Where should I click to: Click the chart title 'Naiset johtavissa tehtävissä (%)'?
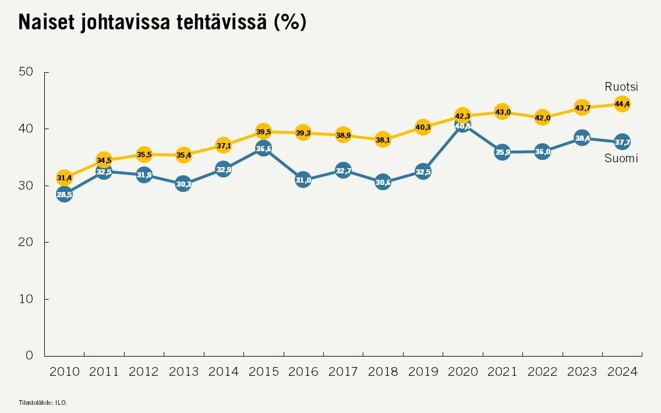point(162,22)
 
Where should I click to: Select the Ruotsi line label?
point(621,87)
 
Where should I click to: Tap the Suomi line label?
point(621,158)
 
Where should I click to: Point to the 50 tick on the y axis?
point(27,72)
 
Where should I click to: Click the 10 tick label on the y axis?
point(27,299)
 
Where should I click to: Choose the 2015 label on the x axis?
point(264,372)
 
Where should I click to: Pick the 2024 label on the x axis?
point(622,372)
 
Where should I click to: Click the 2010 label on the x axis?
point(65,372)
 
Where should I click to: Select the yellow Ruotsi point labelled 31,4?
point(64,177)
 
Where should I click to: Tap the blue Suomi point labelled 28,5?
point(64,194)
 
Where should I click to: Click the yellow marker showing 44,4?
point(622,104)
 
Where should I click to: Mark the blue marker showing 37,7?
point(622,142)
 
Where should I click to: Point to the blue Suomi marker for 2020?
point(463,125)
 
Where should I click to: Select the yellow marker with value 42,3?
point(462,116)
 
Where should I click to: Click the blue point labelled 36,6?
point(263,148)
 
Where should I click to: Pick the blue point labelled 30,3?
point(183,184)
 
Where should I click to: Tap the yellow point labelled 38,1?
point(383,140)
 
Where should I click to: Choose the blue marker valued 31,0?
point(303,180)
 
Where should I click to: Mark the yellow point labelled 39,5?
point(263,131)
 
